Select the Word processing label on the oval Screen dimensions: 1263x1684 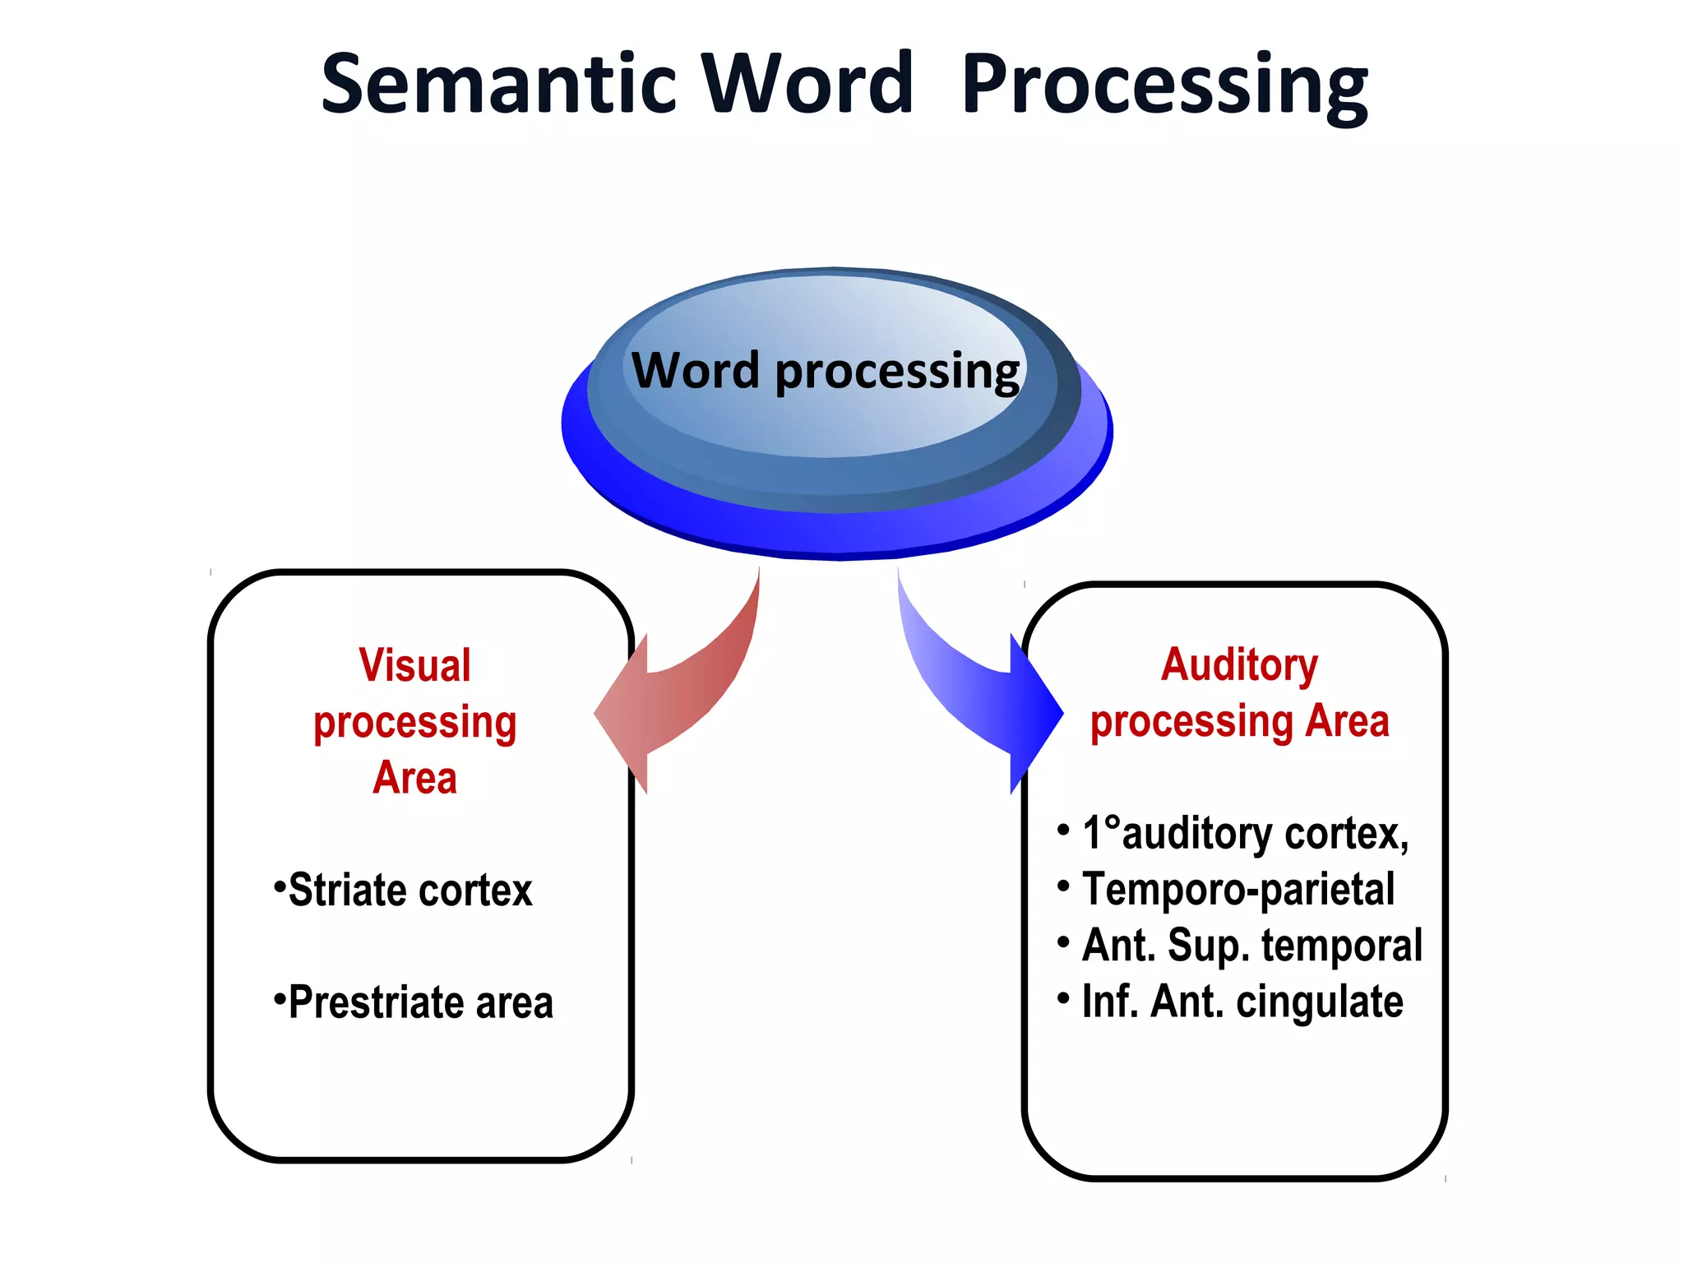[x=825, y=372]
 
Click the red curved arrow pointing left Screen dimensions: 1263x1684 [x=682, y=691]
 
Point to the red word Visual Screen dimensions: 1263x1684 [x=414, y=665]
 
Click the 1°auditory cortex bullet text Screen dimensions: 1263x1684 [x=1245, y=833]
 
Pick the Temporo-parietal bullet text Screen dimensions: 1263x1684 [x=1238, y=890]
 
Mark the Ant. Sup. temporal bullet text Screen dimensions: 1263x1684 [x=1251, y=946]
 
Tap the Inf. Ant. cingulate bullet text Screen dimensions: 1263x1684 [x=1242, y=1002]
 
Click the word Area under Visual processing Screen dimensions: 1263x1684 [x=414, y=778]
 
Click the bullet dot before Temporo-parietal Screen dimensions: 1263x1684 [x=1063, y=886]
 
